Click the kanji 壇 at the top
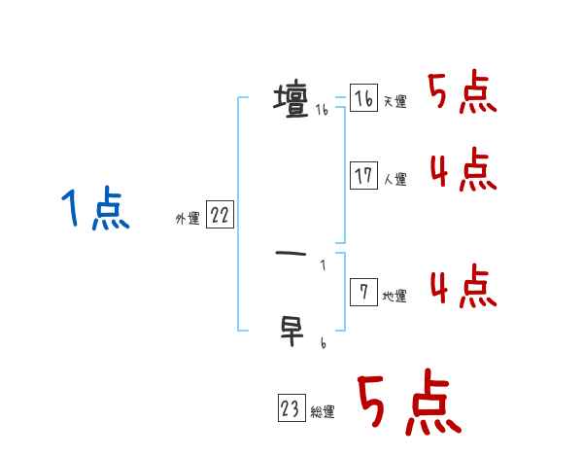pyautogui.click(x=291, y=99)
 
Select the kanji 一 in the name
pyautogui.click(x=291, y=255)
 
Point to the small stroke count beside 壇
pyautogui.click(x=322, y=112)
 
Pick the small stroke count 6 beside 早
pyautogui.click(x=322, y=343)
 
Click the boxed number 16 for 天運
pyautogui.click(x=363, y=99)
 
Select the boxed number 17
pyautogui.click(x=363, y=176)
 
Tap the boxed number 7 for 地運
pyautogui.click(x=363, y=293)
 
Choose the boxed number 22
pyautogui.click(x=220, y=216)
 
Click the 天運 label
pyautogui.click(x=394, y=102)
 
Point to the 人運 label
pyautogui.click(x=394, y=180)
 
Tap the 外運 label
pyautogui.click(x=188, y=219)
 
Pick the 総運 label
pyautogui.click(x=323, y=412)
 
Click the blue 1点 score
pyautogui.click(x=94, y=210)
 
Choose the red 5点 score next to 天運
pyautogui.click(x=463, y=94)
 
